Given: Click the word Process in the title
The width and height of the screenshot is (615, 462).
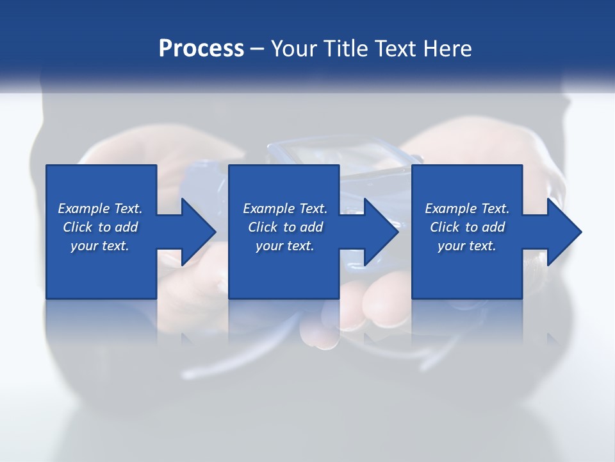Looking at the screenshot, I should (201, 48).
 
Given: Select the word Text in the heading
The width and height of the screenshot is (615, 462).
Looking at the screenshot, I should (395, 48).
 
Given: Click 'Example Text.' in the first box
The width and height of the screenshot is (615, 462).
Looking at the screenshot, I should (100, 209).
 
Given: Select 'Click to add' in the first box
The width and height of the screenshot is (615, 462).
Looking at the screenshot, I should (100, 227).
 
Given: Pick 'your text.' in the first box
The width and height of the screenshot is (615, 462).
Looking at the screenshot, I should (100, 246).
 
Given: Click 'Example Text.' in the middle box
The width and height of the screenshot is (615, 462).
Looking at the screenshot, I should (285, 209).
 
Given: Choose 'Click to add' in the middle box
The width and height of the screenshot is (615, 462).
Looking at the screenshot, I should (285, 227).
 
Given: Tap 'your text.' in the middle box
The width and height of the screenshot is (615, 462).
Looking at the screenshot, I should (285, 246).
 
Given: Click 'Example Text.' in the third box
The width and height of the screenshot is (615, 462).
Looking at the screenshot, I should (467, 209).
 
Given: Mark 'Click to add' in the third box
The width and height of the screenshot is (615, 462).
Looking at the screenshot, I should (467, 227).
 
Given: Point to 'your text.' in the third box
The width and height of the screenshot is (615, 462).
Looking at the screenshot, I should (467, 246).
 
